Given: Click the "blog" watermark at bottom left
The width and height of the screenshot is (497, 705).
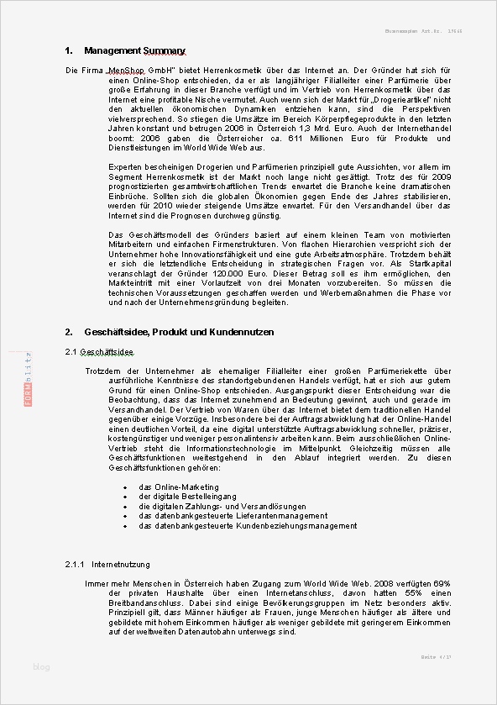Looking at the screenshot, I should tap(41, 667).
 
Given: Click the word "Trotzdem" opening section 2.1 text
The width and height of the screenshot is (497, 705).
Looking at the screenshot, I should tap(103, 371).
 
